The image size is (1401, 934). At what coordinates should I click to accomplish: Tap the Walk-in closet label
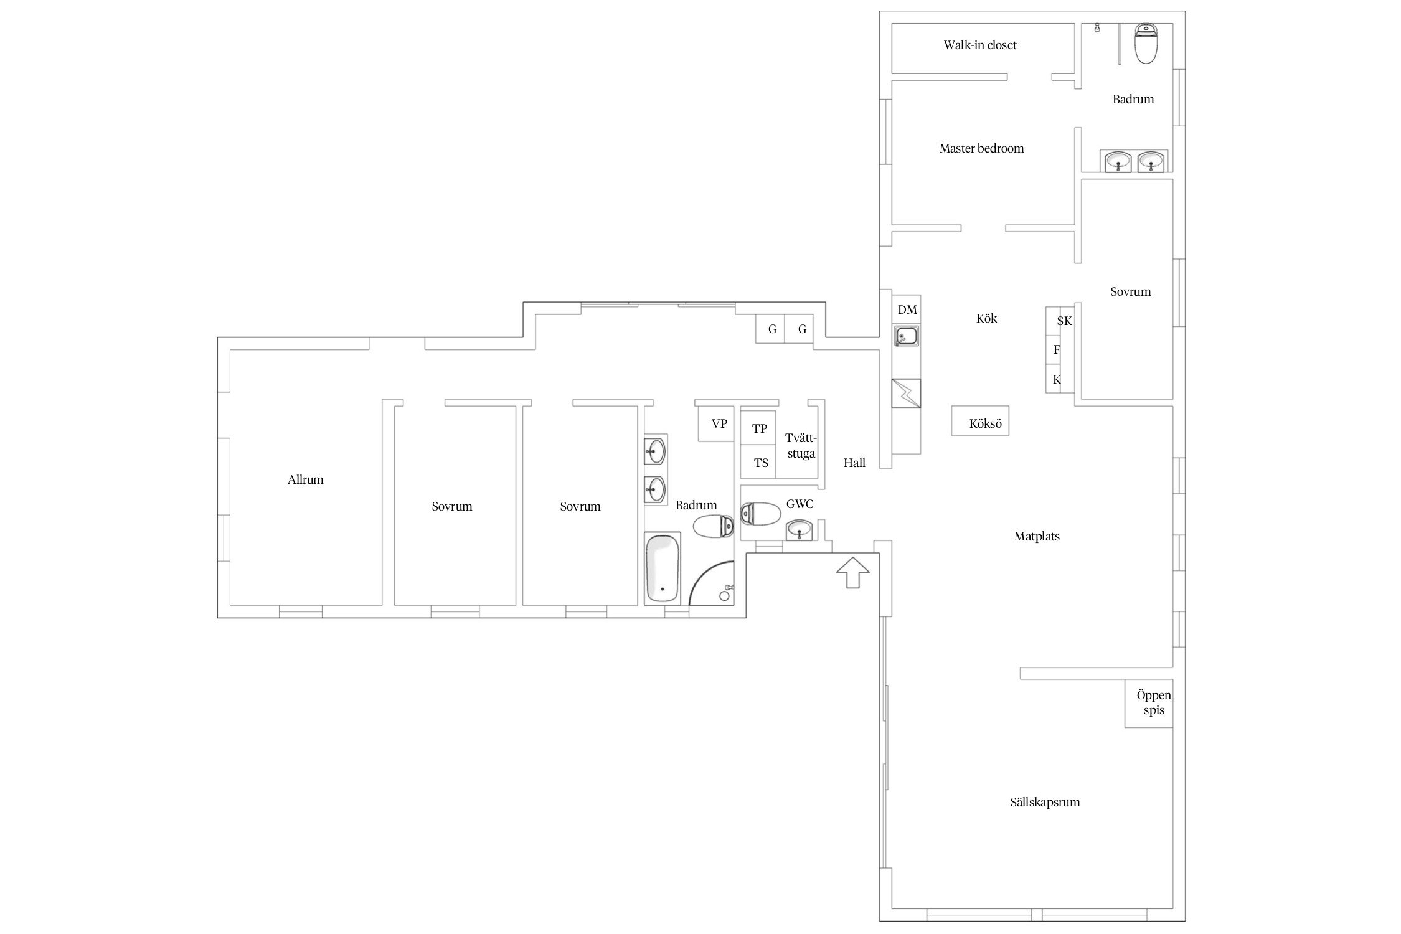980,45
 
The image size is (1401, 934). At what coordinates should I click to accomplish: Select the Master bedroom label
981,148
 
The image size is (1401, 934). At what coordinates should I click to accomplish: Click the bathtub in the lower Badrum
663,568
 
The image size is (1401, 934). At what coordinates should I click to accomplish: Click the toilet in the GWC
760,514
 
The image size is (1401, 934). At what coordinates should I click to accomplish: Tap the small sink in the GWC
800,531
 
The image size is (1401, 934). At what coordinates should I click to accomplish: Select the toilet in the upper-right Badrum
1145,43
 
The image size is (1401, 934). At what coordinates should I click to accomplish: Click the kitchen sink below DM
906,336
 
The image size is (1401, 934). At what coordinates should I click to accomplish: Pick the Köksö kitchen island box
980,421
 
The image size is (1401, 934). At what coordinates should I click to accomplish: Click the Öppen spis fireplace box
1149,704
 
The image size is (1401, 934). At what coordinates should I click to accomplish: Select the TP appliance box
758,427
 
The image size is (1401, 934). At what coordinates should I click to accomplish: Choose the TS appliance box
758,461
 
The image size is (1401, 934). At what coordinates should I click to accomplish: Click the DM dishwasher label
907,310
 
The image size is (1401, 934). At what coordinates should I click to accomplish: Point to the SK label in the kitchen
1065,321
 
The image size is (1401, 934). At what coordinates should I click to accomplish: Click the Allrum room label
305,480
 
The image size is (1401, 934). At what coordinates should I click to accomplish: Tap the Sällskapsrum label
1045,803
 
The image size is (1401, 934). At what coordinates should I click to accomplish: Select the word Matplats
1037,537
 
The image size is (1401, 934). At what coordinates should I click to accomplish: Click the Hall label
854,463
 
